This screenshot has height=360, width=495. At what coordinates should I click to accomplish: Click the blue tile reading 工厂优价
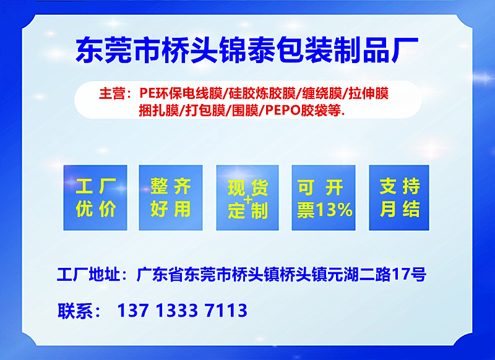coord(95,197)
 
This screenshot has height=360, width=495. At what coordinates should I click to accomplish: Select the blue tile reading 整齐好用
coord(171,197)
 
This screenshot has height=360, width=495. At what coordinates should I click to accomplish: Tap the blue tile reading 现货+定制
coord(247,197)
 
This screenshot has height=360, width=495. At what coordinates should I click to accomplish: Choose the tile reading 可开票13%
coord(323,197)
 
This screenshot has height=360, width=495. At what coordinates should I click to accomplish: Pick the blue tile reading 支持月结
coord(399,197)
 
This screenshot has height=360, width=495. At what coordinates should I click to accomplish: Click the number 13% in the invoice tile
coord(334,210)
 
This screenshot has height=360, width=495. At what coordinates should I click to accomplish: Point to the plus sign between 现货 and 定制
coord(249,200)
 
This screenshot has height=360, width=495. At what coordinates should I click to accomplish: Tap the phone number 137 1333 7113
coord(182,310)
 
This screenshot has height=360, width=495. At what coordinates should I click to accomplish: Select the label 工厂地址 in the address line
coord(88,274)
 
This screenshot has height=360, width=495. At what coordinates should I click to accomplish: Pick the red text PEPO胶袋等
coord(303,111)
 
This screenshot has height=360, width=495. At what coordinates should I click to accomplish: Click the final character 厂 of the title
coord(405,49)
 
